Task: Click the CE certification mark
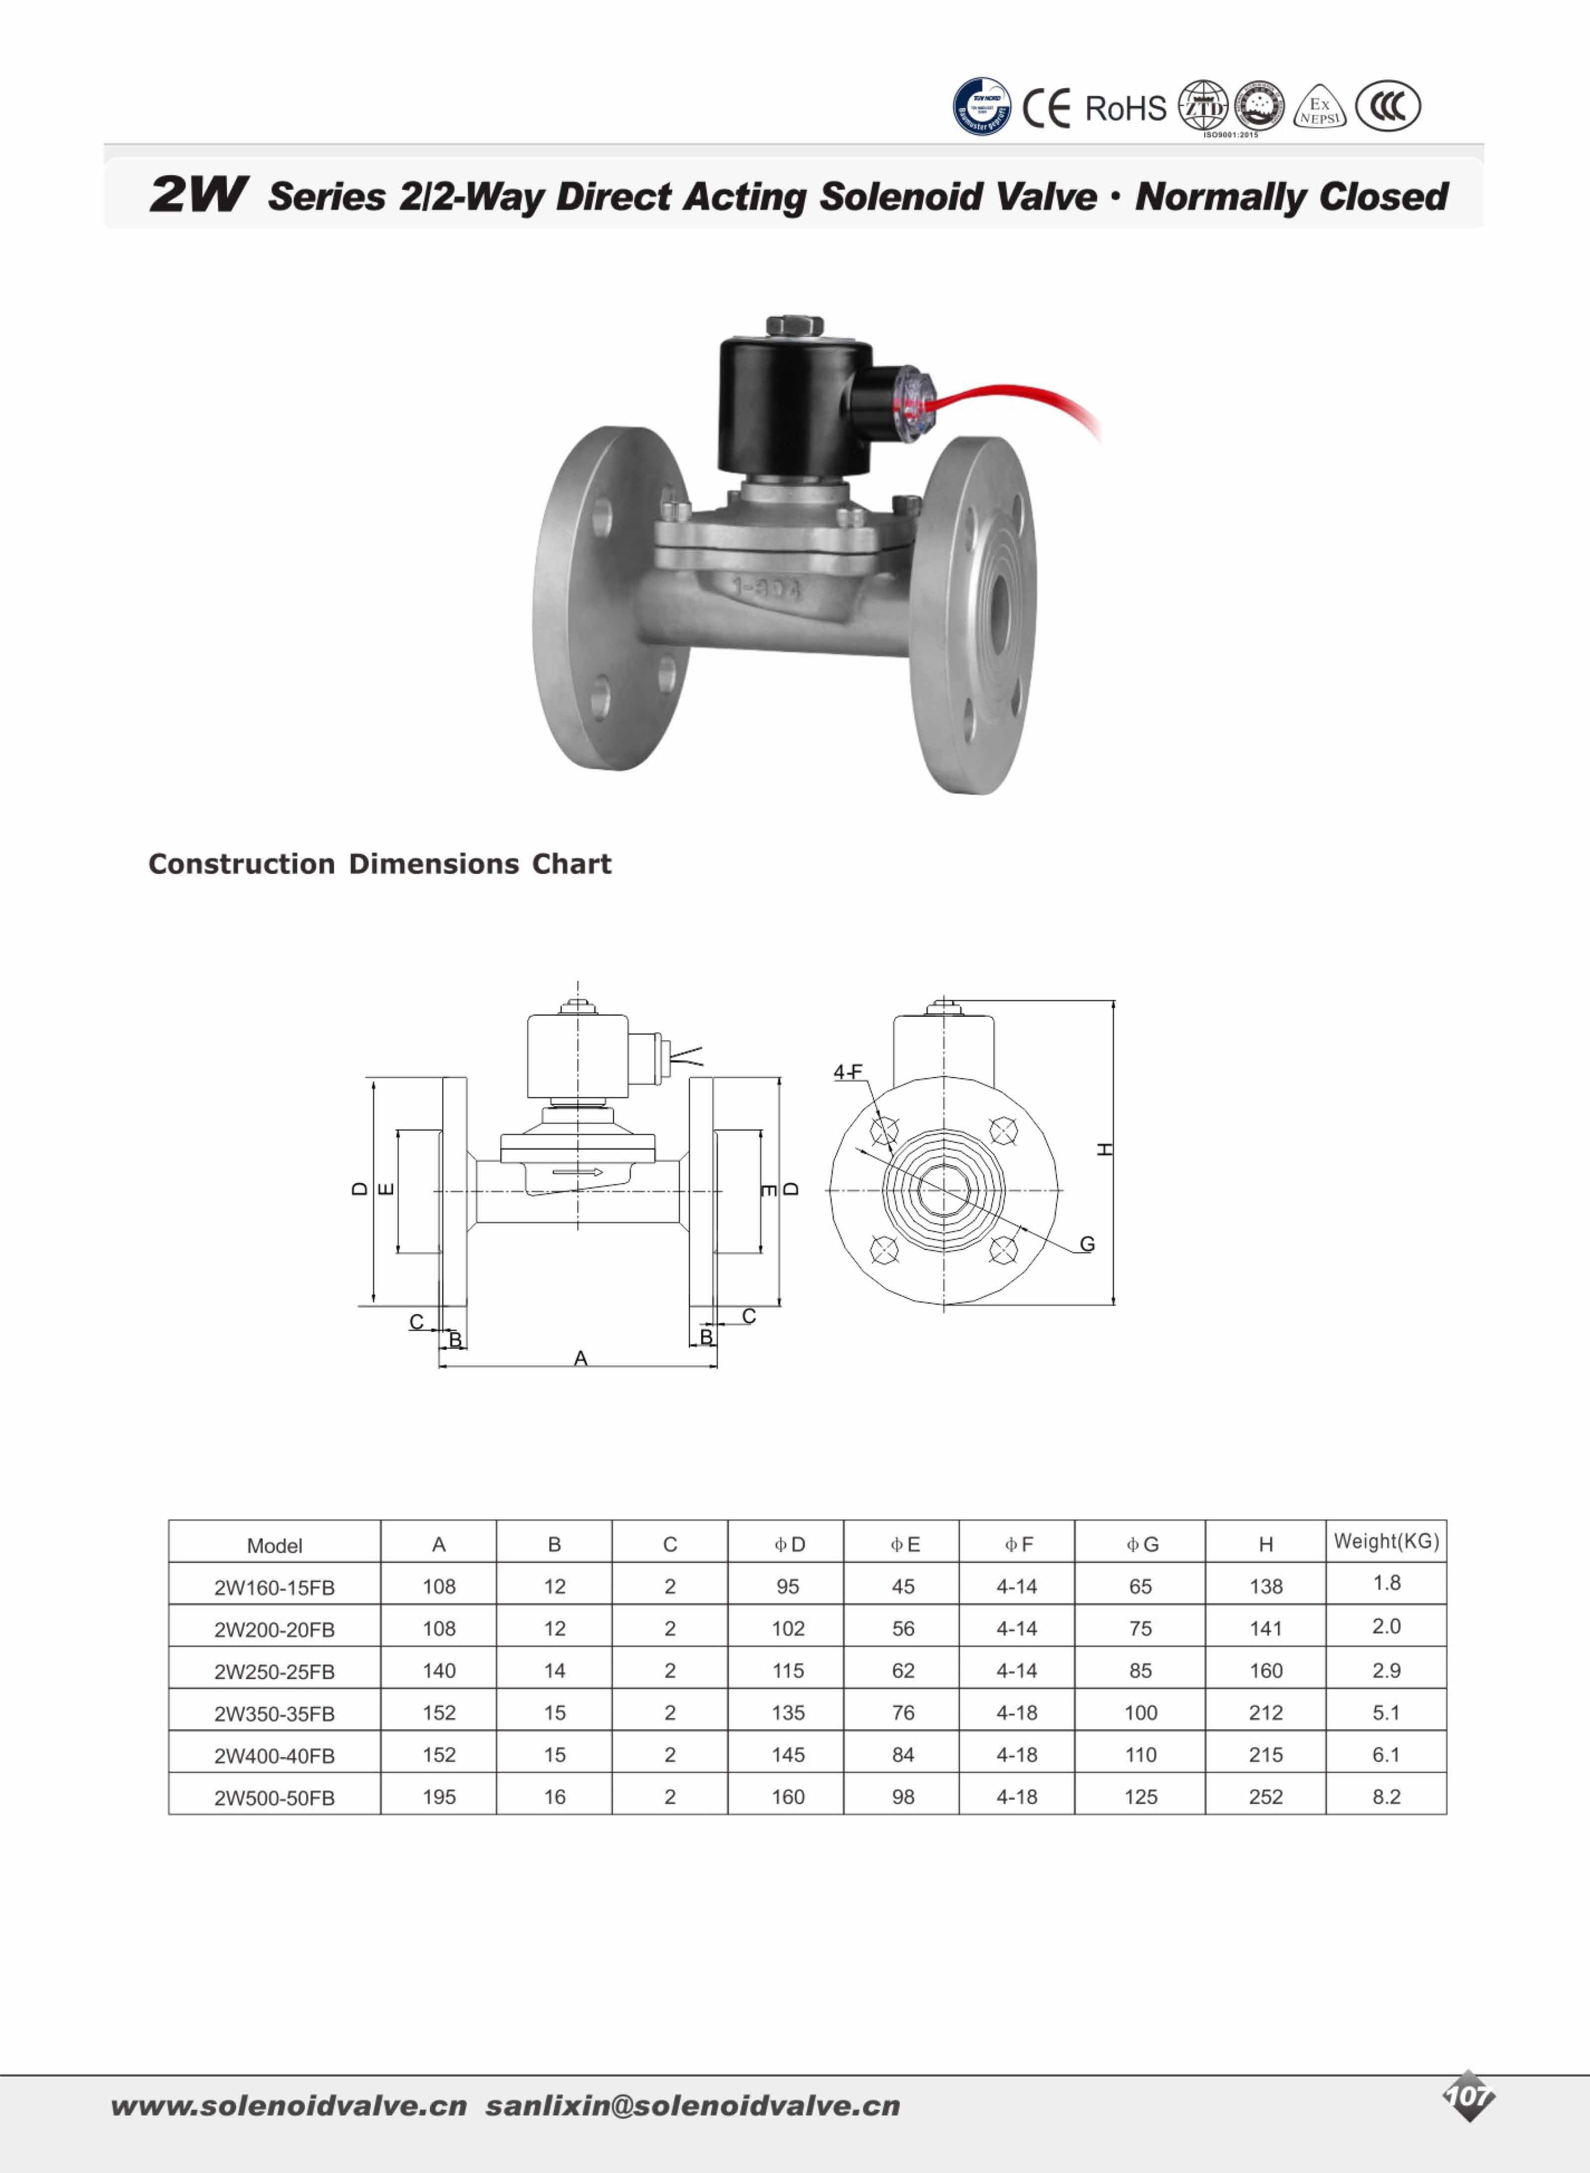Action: coord(1046,108)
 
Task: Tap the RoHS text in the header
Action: coord(1125,109)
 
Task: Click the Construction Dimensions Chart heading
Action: coord(379,863)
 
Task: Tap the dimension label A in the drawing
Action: coord(580,1357)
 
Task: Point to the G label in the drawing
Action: coord(1087,1244)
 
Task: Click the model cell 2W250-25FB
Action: coord(274,1672)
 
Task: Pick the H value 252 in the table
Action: coord(1266,1797)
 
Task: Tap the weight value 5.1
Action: coord(1386,1713)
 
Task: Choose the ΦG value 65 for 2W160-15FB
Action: coord(1141,1586)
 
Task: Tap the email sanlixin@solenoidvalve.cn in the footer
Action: coord(692,2106)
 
